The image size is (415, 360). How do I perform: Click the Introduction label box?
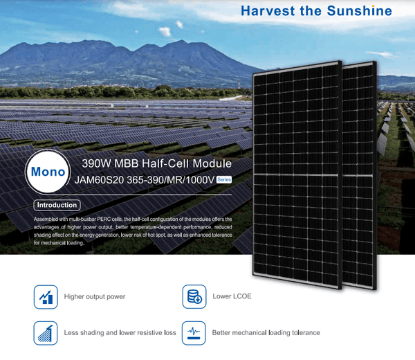57,205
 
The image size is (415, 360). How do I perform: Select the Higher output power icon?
46,297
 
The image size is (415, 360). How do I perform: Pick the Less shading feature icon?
46,333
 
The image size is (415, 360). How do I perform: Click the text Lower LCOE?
232,297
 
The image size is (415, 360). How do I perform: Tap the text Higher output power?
94,297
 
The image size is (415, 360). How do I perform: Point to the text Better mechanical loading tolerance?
266,333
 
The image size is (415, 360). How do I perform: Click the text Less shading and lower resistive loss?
120,333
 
